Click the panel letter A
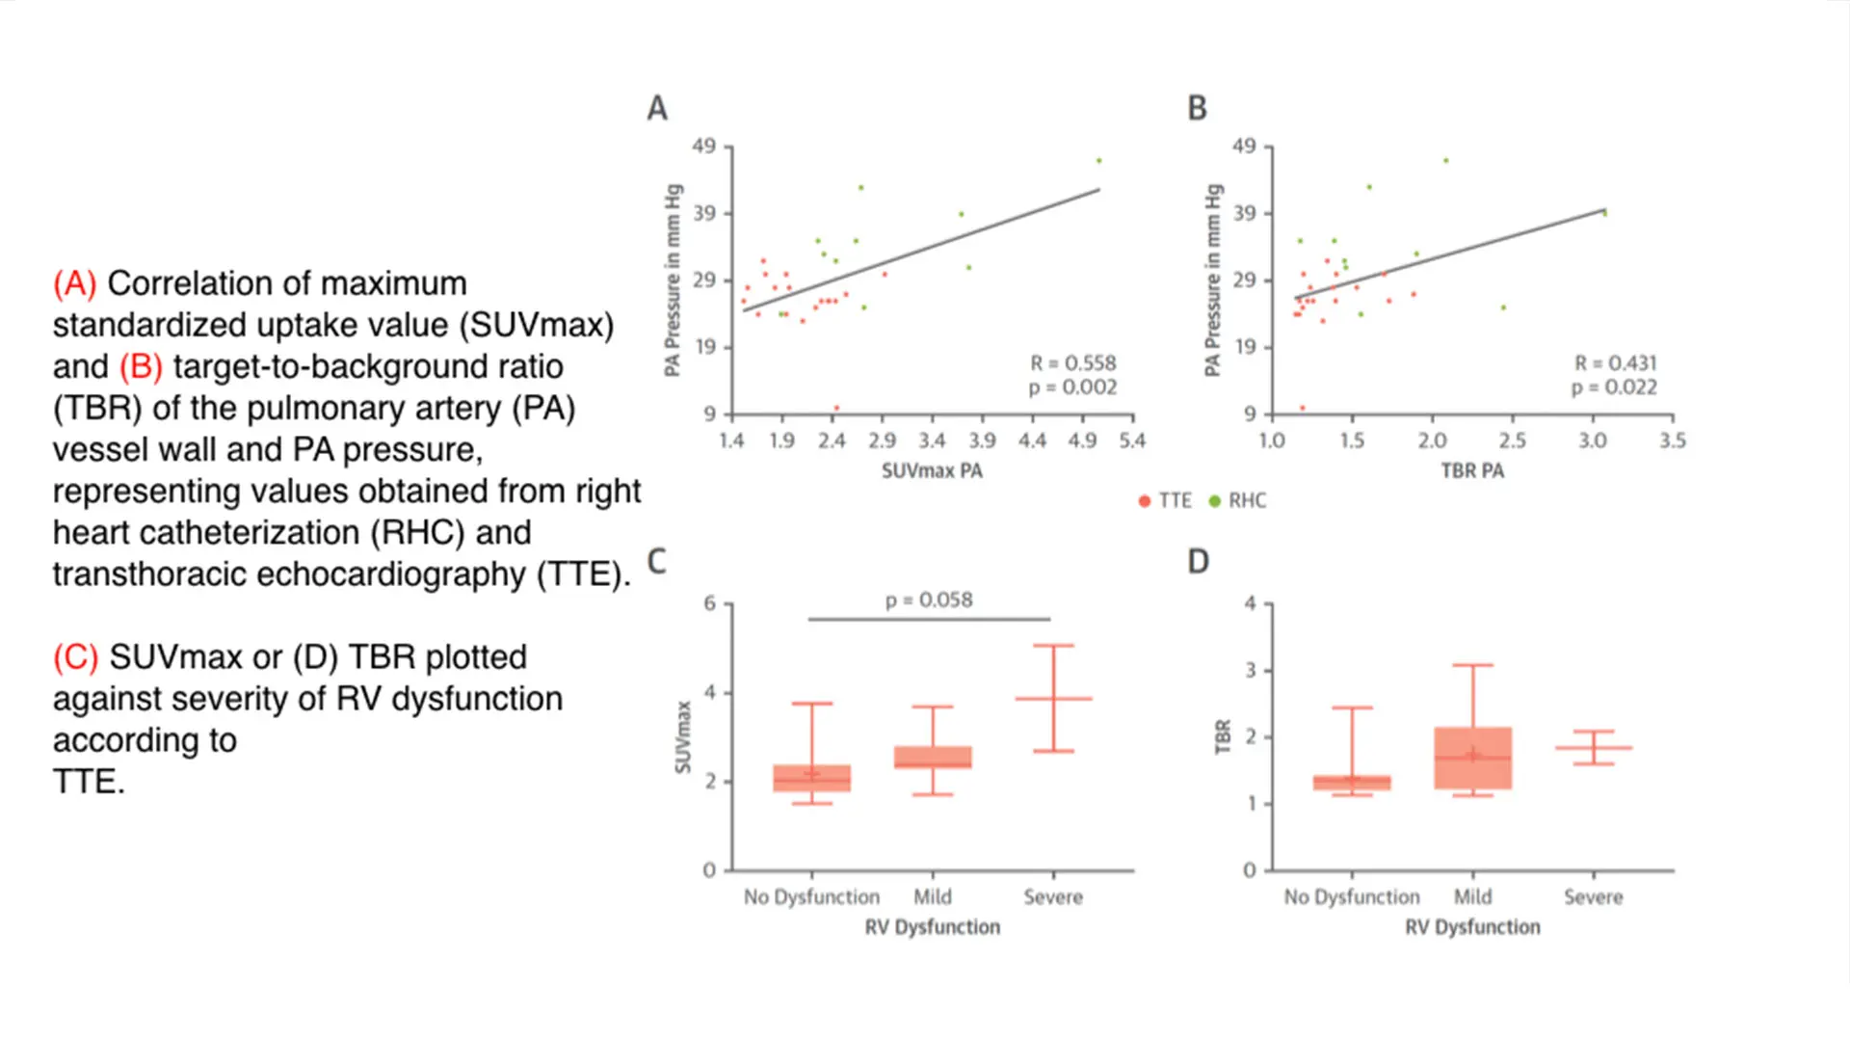(657, 108)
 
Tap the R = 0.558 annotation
(1072, 363)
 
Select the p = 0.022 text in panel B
(1614, 387)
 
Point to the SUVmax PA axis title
(932, 471)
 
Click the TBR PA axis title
(1472, 471)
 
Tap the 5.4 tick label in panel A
(1132, 441)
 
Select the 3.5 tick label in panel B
(1673, 441)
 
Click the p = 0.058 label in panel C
(929, 601)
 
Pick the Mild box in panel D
(1472, 759)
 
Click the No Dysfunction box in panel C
(811, 778)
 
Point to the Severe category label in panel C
(1053, 897)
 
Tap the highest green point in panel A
(1098, 161)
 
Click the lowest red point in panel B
(1303, 408)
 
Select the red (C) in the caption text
(75, 657)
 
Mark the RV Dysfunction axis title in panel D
(1472, 927)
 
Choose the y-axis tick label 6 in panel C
(710, 603)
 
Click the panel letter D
(1198, 562)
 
